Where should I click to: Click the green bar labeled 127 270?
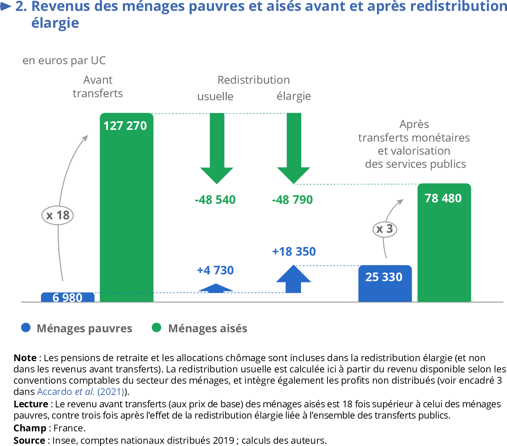tap(126, 210)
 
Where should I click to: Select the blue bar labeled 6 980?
tap(68, 297)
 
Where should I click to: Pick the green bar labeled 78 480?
tap(444, 244)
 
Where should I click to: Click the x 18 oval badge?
tap(57, 215)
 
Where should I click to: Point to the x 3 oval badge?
tap(385, 229)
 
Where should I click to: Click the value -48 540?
tap(215, 200)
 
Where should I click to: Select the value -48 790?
tap(293, 200)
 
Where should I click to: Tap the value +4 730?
tap(215, 270)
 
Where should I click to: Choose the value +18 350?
tap(294, 252)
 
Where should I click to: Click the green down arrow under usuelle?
tap(217, 150)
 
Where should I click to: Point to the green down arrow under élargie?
tap(294, 150)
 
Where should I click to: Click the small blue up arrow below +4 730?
tap(216, 288)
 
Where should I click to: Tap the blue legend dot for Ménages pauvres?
tap(25, 328)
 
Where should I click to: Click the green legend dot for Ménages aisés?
tap(157, 328)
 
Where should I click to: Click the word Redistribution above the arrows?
tap(254, 80)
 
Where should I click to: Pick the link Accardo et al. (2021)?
tap(81, 392)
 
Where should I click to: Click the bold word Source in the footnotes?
tap(29, 440)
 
